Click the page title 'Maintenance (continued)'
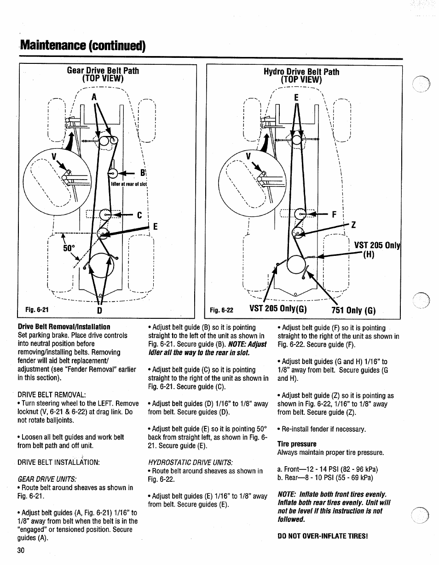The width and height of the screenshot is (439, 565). [83, 46]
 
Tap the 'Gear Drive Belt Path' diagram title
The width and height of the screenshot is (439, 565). [103, 71]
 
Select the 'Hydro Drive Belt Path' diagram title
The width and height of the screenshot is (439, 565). [301, 72]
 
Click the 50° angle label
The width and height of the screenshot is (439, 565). [69, 248]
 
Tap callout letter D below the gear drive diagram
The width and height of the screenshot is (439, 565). [98, 311]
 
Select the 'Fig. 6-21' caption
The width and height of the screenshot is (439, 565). [37, 310]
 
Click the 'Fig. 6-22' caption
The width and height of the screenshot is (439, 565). [221, 310]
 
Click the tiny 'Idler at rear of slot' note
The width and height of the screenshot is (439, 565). [129, 184]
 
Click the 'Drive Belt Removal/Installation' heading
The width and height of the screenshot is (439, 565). [64, 327]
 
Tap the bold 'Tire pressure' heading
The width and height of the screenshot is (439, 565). [297, 444]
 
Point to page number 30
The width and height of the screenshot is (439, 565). [21, 550]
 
